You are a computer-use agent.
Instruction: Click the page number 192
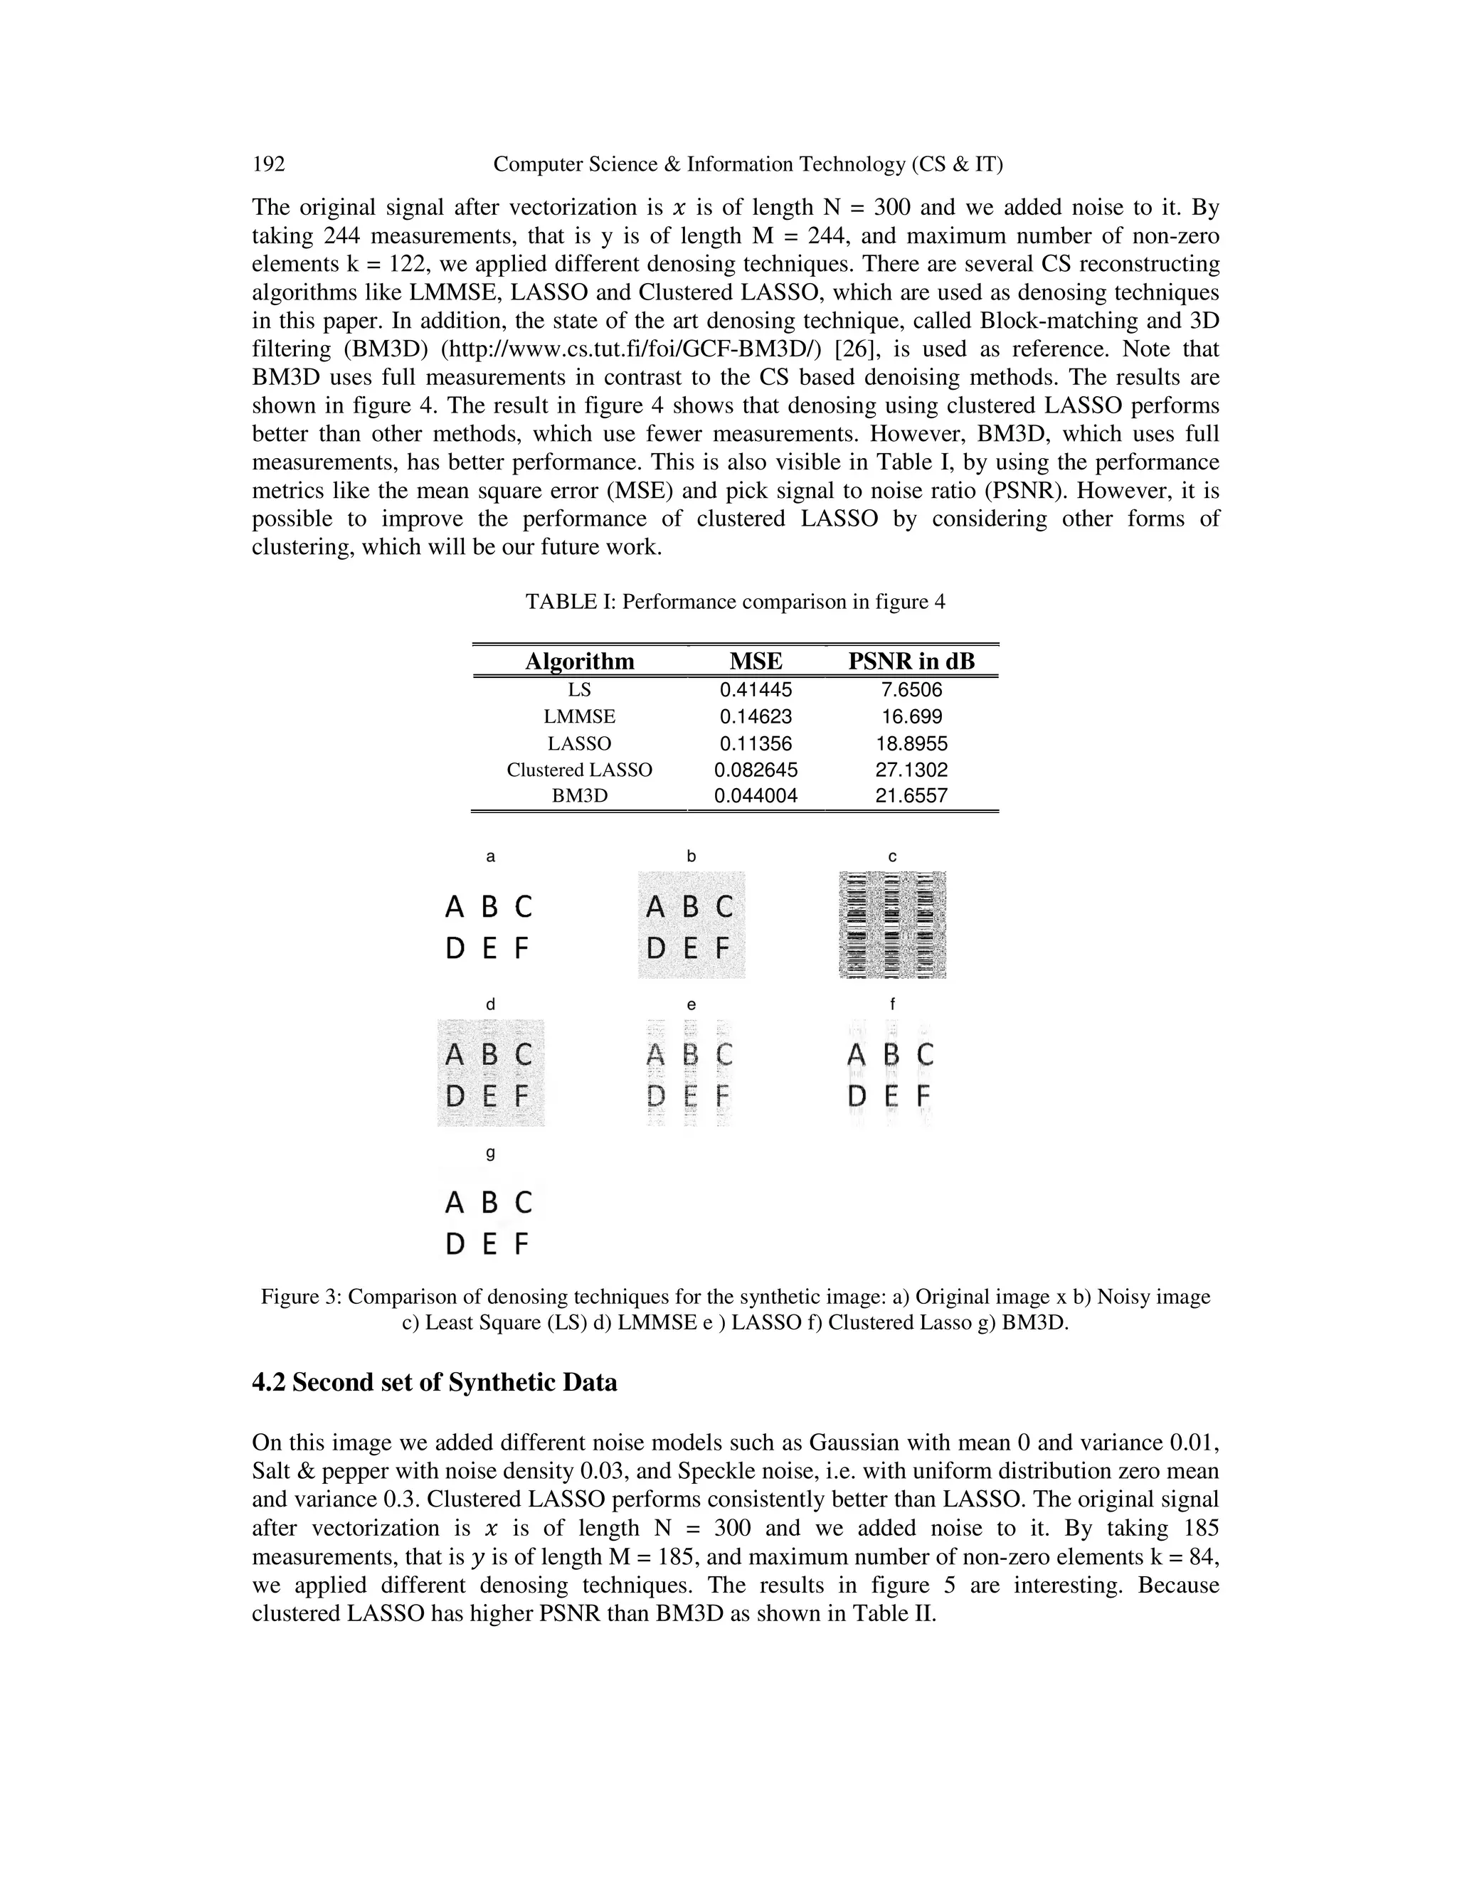click(268, 164)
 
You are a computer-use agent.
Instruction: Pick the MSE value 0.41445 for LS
click(756, 689)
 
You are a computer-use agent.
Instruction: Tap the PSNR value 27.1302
click(911, 770)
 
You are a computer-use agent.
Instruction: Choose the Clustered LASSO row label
click(579, 770)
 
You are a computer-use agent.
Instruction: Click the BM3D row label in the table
click(579, 796)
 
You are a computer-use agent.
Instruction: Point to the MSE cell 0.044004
click(756, 796)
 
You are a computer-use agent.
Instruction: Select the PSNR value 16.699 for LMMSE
click(911, 716)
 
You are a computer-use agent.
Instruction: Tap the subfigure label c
click(893, 856)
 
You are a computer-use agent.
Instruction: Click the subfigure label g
click(490, 1153)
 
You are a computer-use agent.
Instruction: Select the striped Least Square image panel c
click(893, 925)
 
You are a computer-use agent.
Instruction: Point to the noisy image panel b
click(692, 925)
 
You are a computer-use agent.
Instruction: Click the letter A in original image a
click(454, 907)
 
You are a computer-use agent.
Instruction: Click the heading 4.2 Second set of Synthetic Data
click(434, 1383)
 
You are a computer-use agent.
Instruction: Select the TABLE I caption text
click(736, 602)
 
